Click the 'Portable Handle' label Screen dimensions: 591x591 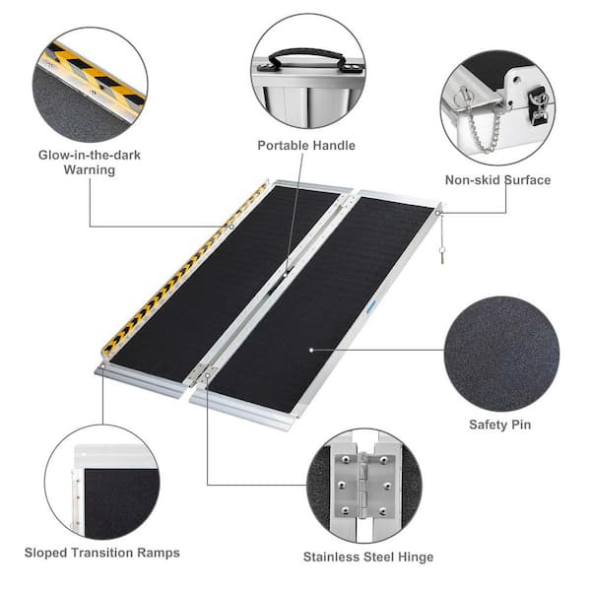click(x=306, y=146)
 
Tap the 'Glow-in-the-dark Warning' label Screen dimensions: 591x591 click(x=90, y=163)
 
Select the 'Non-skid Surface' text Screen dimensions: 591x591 click(x=497, y=180)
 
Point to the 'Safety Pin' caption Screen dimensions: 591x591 click(x=500, y=425)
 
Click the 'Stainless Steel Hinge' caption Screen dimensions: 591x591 click(x=368, y=557)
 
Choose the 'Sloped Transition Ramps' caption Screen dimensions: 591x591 click(x=102, y=553)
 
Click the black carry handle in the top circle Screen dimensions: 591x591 click(x=306, y=59)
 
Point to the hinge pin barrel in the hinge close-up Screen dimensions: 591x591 click(x=362, y=485)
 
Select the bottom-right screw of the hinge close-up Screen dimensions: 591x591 click(x=383, y=511)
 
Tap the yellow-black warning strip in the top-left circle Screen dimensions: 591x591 click(x=95, y=76)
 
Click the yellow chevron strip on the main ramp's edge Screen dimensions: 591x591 click(x=185, y=268)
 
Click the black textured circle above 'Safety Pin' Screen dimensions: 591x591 click(x=501, y=354)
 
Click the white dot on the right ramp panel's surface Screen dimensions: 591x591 click(x=311, y=350)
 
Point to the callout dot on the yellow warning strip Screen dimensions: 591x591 click(x=231, y=227)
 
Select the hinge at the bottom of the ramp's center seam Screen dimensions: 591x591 click(x=202, y=374)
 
